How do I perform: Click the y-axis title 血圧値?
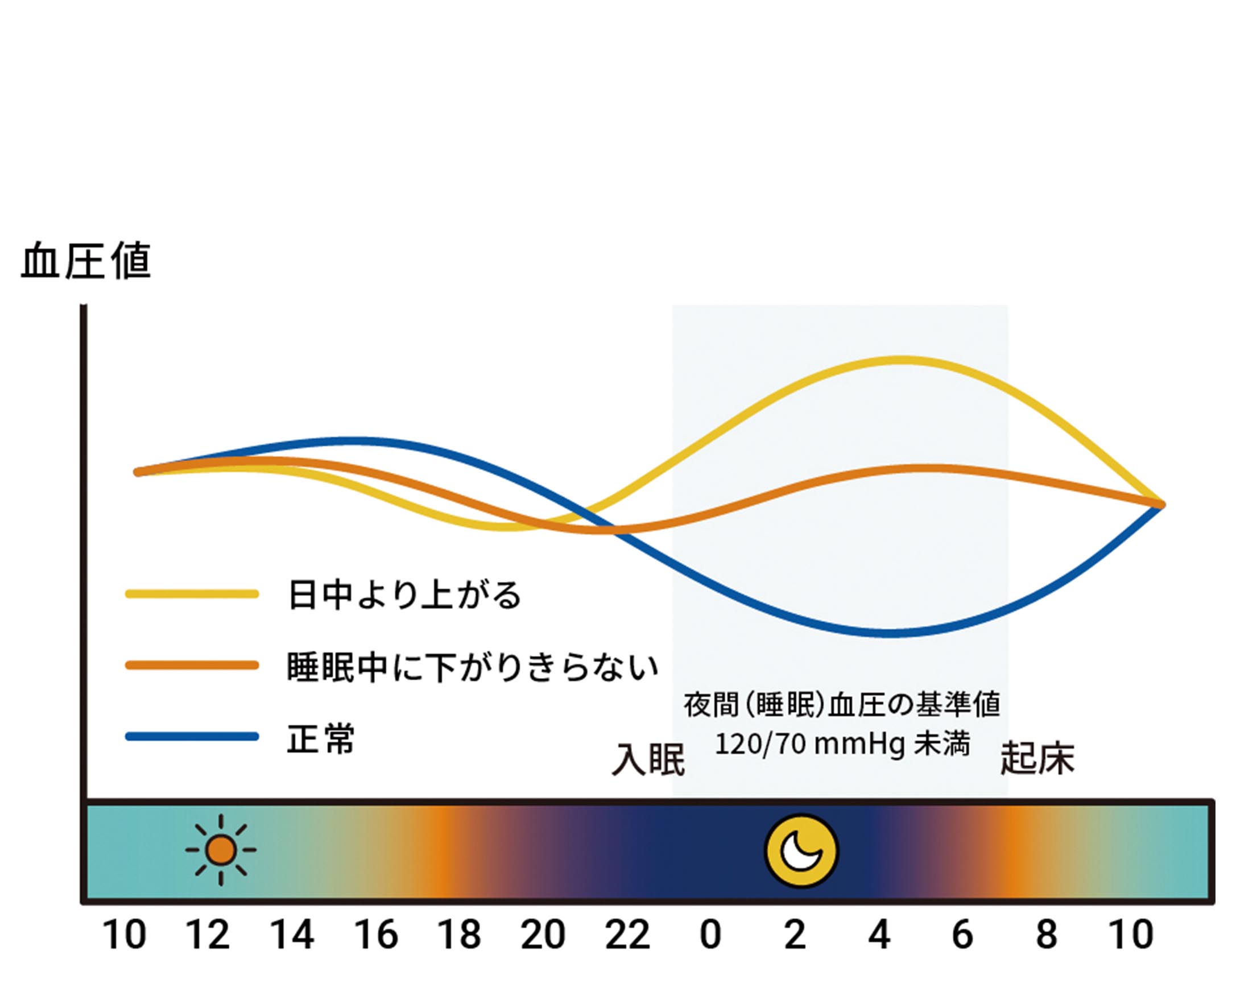click(x=86, y=262)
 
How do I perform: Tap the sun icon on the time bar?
click(x=221, y=850)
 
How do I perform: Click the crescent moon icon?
click(x=802, y=850)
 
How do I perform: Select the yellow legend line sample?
click(x=192, y=593)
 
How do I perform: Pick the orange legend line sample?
click(x=192, y=665)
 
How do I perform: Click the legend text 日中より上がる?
click(x=405, y=594)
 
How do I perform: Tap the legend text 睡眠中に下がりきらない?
click(x=472, y=667)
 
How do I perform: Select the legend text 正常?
click(x=321, y=738)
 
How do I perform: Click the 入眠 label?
click(x=648, y=761)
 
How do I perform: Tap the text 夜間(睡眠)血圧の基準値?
click(x=842, y=705)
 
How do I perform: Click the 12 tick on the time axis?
click(x=208, y=935)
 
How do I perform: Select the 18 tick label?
click(x=459, y=935)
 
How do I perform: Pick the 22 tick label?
click(x=628, y=935)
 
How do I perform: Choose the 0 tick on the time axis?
click(x=710, y=935)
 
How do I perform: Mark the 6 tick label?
click(x=962, y=935)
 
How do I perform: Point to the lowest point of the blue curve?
click(x=888, y=634)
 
